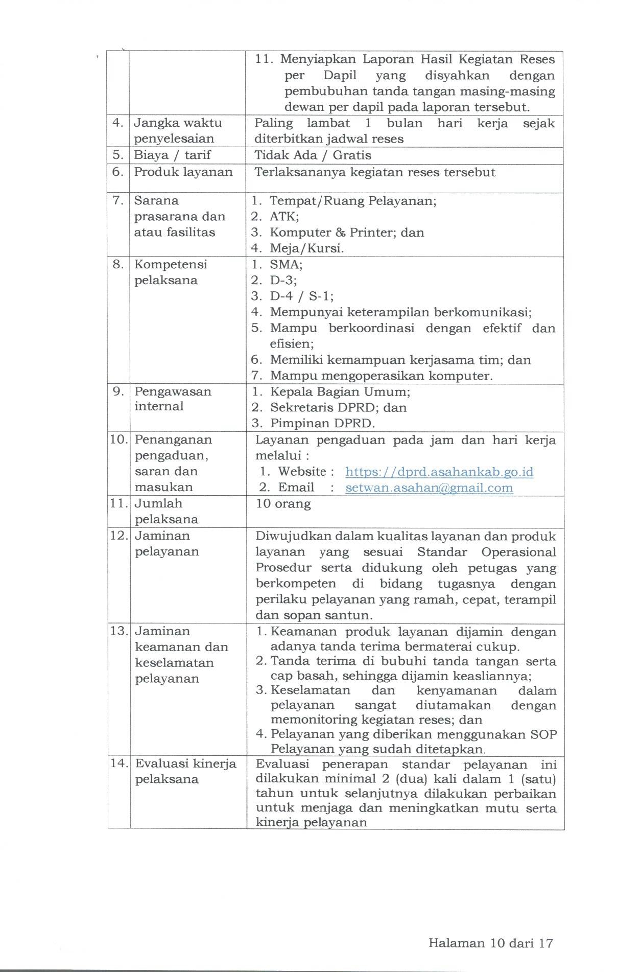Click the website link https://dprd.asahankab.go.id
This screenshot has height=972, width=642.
pos(439,472)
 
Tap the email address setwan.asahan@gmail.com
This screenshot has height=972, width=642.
pos(429,488)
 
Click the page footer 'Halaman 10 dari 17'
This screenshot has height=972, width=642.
pos(491,943)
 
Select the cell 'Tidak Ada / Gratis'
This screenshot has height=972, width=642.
pos(313,155)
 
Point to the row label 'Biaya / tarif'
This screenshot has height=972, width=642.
pos(172,155)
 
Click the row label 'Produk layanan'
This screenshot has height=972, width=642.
pos(183,172)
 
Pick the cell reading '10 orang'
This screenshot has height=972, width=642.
pos(283,504)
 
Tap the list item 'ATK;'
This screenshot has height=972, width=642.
pos(284,216)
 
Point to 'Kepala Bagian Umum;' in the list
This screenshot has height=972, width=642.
pos(340,392)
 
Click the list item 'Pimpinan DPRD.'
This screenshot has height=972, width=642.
pos(323,424)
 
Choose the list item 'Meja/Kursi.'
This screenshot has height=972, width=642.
pos(306,248)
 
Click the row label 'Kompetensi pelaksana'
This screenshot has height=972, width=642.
pos(171,272)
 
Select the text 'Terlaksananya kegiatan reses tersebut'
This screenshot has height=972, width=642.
pos(375,172)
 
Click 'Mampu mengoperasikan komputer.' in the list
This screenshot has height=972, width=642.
pos(382,376)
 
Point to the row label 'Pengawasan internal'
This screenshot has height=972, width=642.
pos(173,399)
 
